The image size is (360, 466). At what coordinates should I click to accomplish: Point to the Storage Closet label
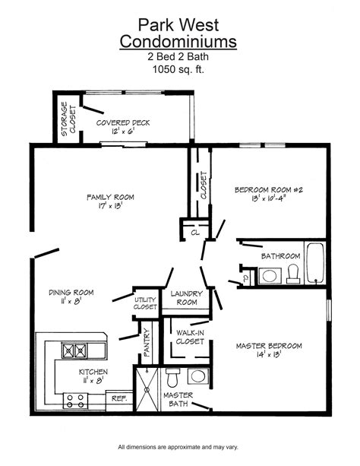(x=68, y=118)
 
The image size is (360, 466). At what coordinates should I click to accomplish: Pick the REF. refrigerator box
(x=118, y=398)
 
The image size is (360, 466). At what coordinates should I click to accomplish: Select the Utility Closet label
(x=144, y=302)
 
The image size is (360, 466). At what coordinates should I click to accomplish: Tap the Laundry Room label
(x=185, y=297)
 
